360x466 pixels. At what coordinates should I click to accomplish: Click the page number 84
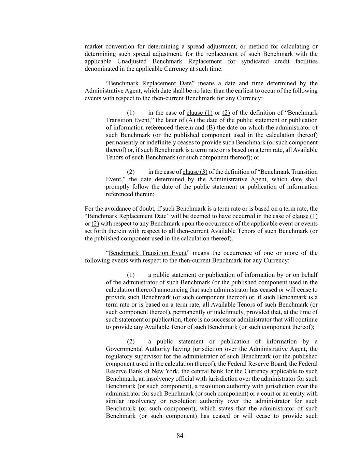(x=180, y=436)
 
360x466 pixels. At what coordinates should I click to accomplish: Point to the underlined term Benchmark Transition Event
(x=147, y=253)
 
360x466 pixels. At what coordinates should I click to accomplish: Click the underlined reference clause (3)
(x=195, y=172)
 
